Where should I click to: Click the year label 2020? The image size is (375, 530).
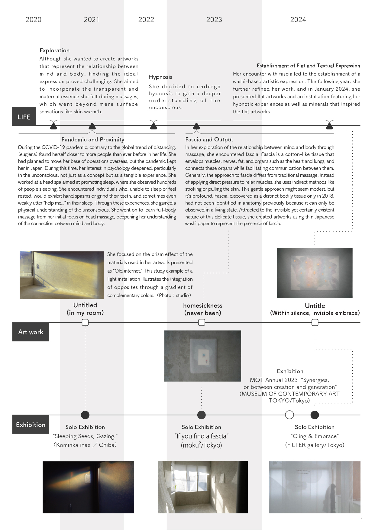point(33,20)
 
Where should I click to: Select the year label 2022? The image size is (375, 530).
point(146,20)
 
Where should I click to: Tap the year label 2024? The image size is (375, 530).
point(298,20)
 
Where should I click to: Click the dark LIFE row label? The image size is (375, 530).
point(24,117)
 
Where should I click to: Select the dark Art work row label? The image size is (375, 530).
point(31,332)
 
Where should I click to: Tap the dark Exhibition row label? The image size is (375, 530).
point(31,425)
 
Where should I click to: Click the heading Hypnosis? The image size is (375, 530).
point(160,77)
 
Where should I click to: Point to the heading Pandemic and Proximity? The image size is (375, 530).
point(93,139)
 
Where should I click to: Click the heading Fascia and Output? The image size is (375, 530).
point(209,139)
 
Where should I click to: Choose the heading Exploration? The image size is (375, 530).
point(54,50)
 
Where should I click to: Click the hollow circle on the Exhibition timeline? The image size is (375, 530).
point(289,415)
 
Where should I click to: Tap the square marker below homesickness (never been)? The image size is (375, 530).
point(202,323)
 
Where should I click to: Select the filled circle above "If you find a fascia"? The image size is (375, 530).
point(201,415)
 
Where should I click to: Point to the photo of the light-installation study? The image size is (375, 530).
point(62,275)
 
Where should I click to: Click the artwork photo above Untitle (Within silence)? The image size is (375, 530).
point(315,273)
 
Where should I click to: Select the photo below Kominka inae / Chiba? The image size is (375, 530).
point(88,487)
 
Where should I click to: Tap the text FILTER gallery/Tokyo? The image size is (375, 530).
point(315,445)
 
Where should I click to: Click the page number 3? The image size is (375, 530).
point(361,519)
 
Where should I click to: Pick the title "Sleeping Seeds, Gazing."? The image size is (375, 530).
point(85,436)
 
